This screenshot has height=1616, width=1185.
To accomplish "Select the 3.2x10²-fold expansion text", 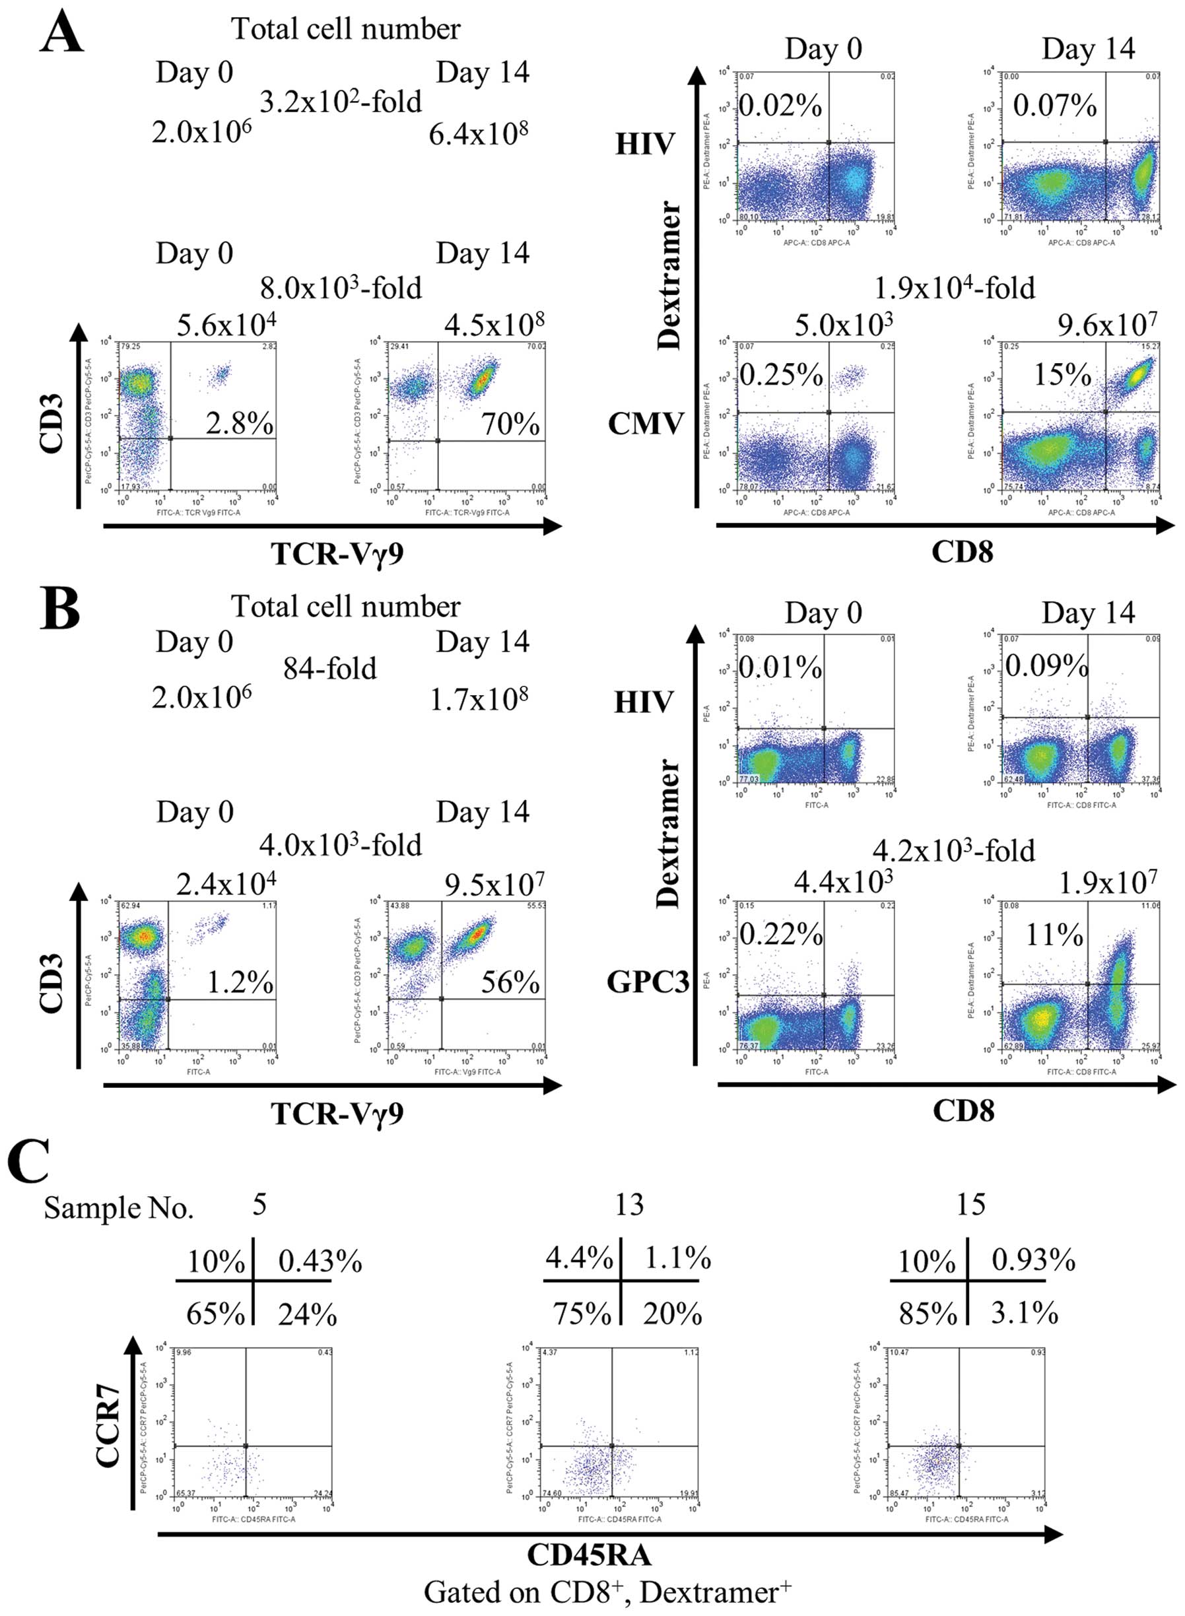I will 340,101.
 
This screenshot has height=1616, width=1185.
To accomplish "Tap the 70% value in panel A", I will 510,423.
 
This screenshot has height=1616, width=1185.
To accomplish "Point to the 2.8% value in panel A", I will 239,423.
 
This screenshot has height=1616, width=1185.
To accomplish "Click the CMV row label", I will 645,424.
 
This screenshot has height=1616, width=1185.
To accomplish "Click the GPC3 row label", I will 647,982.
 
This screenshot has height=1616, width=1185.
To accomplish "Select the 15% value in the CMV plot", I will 1062,374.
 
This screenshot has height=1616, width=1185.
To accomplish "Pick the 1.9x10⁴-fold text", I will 954,288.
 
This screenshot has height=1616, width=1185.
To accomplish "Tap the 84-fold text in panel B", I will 329,669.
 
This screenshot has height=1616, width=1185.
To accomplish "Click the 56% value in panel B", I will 510,982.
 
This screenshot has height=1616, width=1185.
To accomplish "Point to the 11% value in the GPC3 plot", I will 1054,935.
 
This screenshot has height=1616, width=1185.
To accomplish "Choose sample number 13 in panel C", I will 628,1205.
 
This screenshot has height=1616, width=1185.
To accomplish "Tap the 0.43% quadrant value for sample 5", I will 320,1261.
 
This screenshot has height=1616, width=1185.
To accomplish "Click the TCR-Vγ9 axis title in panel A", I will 337,554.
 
